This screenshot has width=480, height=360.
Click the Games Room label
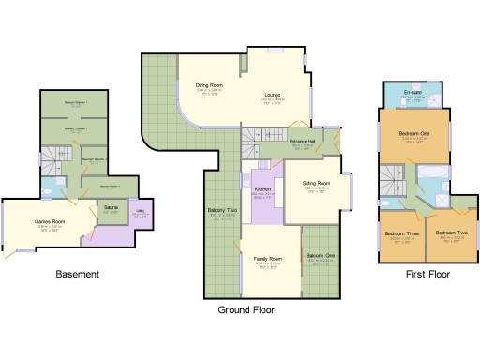click(x=49, y=221)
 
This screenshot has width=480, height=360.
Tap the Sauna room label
click(x=111, y=208)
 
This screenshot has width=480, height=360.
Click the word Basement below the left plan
click(x=77, y=275)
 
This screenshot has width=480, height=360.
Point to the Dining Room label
click(x=209, y=86)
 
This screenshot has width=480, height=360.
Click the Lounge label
click(x=274, y=95)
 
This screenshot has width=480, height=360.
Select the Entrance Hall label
click(x=302, y=142)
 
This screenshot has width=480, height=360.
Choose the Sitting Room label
click(x=317, y=184)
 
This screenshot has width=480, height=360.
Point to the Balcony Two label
click(x=221, y=211)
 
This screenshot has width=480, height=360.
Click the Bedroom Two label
click(x=452, y=232)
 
